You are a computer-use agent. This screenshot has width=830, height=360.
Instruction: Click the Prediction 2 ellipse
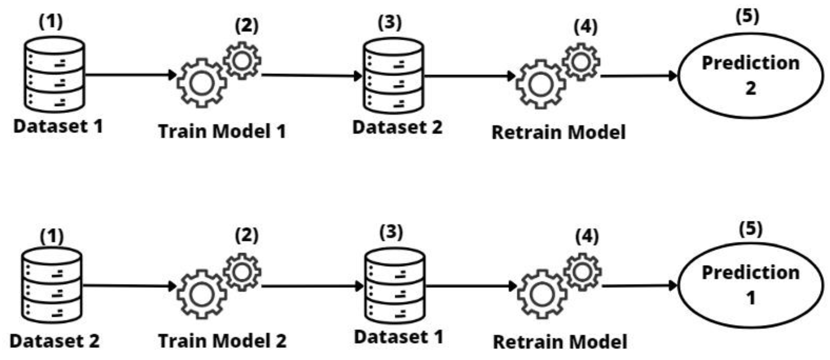coord(750,76)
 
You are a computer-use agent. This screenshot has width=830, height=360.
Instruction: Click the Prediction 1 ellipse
coord(750,285)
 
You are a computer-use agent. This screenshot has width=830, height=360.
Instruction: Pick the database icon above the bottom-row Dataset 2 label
coord(52,285)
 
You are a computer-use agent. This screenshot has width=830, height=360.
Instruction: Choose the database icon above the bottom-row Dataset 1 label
coord(395,286)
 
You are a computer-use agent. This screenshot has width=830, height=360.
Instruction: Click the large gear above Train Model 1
coord(202,83)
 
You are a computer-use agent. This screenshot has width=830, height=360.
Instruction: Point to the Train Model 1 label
coord(222,131)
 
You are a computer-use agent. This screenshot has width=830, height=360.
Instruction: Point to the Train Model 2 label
coord(222,341)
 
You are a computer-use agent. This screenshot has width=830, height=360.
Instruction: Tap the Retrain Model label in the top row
coord(558,133)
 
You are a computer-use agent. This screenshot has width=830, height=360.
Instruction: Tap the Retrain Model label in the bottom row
coord(560,342)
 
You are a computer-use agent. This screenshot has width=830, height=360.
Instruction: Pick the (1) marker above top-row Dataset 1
coord(51,22)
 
